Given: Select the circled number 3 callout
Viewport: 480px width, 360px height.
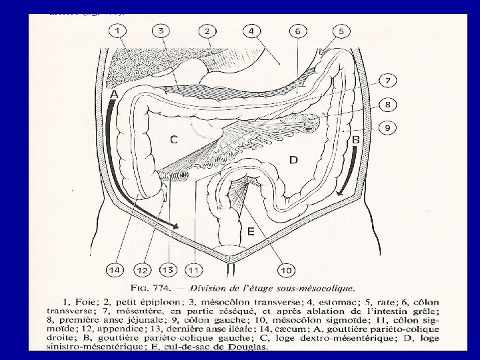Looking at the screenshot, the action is click(x=161, y=31).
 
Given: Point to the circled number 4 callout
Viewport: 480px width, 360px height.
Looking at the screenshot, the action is click(x=252, y=31).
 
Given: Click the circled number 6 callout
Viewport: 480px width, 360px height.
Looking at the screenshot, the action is click(x=298, y=31).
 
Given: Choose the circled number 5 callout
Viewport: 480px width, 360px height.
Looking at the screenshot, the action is click(x=341, y=31).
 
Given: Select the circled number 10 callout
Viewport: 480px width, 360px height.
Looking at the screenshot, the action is click(x=286, y=270).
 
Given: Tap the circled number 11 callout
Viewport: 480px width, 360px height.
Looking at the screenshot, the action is click(x=194, y=270).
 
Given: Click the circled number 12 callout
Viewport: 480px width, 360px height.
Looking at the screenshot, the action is click(x=142, y=270).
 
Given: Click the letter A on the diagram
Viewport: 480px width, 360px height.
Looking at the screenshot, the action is click(x=114, y=95).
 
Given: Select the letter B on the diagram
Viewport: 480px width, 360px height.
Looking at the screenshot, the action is click(x=355, y=140).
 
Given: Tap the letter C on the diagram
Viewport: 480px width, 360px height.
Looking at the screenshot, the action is click(x=173, y=140).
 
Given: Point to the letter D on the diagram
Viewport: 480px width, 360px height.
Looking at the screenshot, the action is click(x=293, y=159).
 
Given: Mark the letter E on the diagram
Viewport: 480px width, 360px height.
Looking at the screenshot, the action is click(x=250, y=231).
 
